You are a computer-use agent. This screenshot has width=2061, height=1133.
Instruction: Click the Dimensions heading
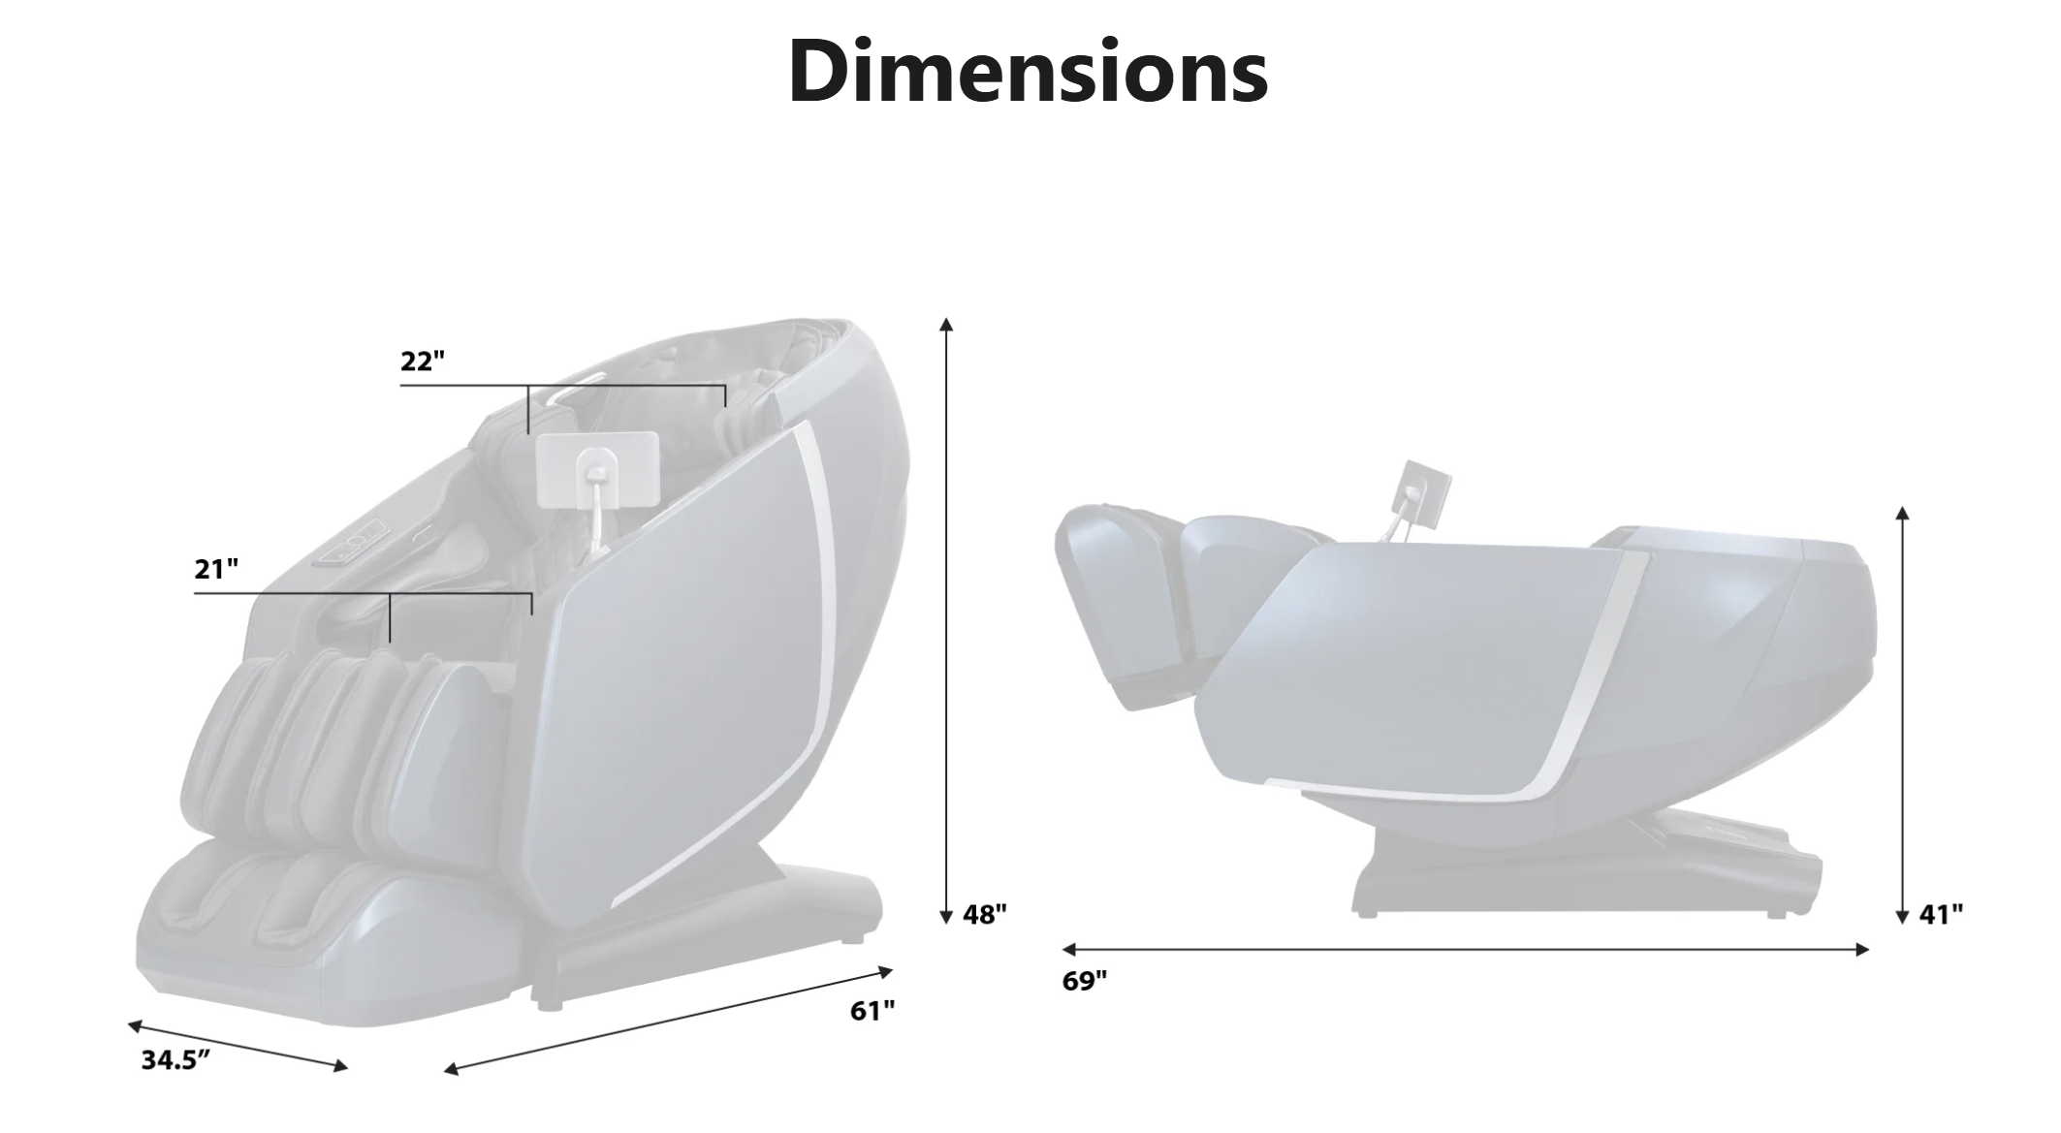pyautogui.click(x=1028, y=71)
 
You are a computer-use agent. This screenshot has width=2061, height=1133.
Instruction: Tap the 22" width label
pyautogui.click(x=423, y=361)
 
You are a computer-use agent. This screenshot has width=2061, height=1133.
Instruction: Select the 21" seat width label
pyautogui.click(x=216, y=569)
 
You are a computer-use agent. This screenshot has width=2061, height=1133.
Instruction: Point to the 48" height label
pyautogui.click(x=985, y=914)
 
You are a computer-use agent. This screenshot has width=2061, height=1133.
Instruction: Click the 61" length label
pyautogui.click(x=872, y=1011)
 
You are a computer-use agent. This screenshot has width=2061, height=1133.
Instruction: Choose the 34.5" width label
pyautogui.click(x=175, y=1060)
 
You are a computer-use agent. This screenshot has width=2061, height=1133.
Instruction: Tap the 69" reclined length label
pyautogui.click(x=1085, y=981)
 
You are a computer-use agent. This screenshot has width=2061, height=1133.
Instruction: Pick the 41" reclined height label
pyautogui.click(x=1942, y=914)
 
